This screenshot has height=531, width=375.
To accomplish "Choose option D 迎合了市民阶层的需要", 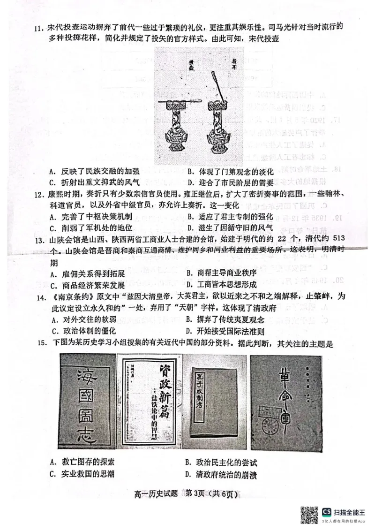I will tap(230, 182).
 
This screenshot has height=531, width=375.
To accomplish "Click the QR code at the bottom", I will tap(309, 514).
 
